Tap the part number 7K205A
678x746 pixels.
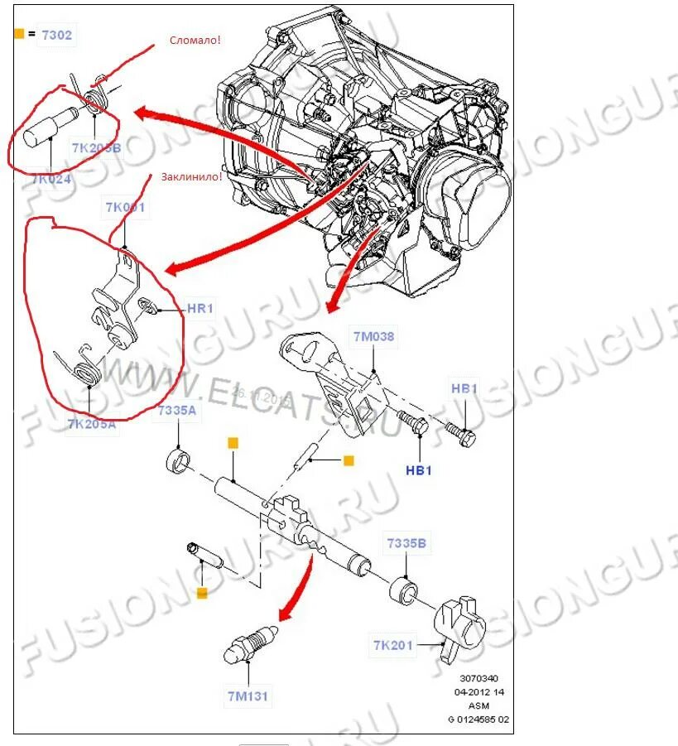click(x=92, y=425)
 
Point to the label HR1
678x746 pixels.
click(x=201, y=309)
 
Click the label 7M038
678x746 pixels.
click(x=374, y=337)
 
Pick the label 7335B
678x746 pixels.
click(x=406, y=543)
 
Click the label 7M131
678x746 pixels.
click(x=248, y=695)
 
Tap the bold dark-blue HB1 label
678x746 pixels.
click(x=419, y=470)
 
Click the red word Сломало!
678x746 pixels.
click(x=195, y=40)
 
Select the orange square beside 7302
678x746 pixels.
click(x=19, y=34)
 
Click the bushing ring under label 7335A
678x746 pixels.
click(x=180, y=458)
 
